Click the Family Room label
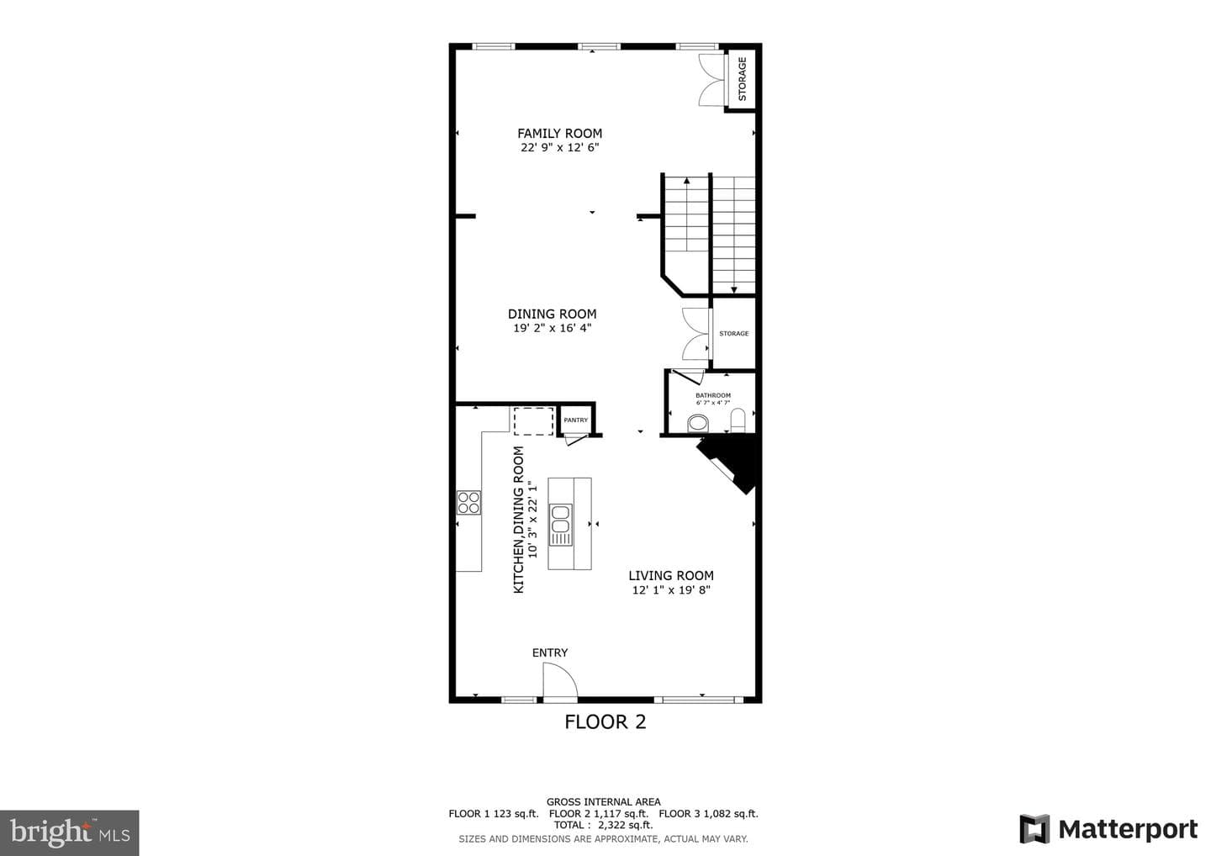(x=559, y=134)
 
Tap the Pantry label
(x=576, y=420)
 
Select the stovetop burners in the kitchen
(x=468, y=502)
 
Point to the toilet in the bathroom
(x=738, y=420)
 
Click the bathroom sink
(x=698, y=423)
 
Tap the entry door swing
(x=560, y=680)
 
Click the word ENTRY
(x=550, y=653)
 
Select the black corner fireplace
(x=728, y=464)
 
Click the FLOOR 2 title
(x=605, y=722)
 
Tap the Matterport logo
(x=1108, y=830)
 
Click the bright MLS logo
(x=70, y=832)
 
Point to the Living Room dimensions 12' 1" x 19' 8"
(x=671, y=590)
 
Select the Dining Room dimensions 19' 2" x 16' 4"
(x=552, y=328)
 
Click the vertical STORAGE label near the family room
(x=743, y=79)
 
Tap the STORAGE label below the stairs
(x=733, y=334)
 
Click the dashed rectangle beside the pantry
(x=533, y=421)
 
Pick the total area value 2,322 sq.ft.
(x=625, y=825)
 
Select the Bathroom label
(x=713, y=395)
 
